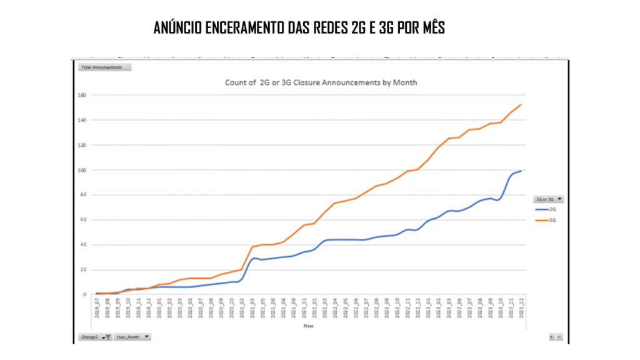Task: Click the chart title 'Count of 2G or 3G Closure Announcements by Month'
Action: (x=321, y=82)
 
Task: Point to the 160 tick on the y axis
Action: (x=82, y=95)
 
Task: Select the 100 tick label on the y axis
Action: (x=82, y=170)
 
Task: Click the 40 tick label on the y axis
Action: (x=82, y=245)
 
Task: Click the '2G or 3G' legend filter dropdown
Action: (x=549, y=199)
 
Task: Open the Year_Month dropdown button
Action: (x=132, y=337)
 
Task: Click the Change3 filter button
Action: (x=95, y=337)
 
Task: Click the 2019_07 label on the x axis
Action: (x=97, y=309)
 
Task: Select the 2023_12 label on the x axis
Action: (x=521, y=309)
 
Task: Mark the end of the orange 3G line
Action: (x=521, y=104)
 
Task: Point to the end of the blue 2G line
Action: (x=521, y=171)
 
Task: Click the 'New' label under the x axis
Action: (x=308, y=326)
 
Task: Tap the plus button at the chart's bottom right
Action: (x=551, y=337)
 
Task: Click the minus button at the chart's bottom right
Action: (x=559, y=337)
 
